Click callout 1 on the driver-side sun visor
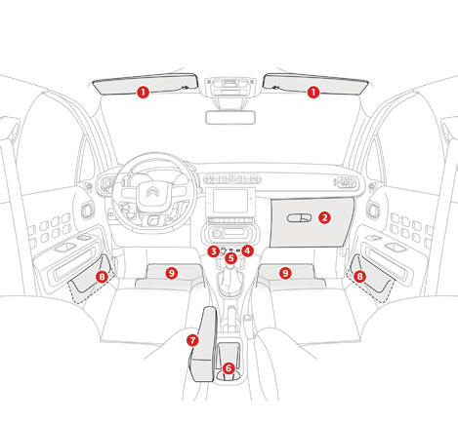tap(143, 93)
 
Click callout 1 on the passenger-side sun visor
tap(313, 93)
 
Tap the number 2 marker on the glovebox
tap(324, 217)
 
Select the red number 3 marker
tap(214, 251)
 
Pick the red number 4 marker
tap(248, 250)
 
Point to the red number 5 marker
tap(231, 258)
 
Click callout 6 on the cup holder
tap(229, 368)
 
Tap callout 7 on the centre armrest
tap(192, 340)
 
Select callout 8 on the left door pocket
tap(102, 277)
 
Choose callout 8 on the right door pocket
tap(359, 277)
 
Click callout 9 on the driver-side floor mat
tap(172, 273)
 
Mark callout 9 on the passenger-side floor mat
tap(285, 273)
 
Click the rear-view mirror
tap(230, 117)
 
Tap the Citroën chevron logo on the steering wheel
tap(152, 192)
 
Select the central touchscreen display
tap(230, 201)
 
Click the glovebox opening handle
tap(299, 218)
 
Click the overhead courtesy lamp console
tap(230, 87)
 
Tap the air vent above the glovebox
tap(345, 181)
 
